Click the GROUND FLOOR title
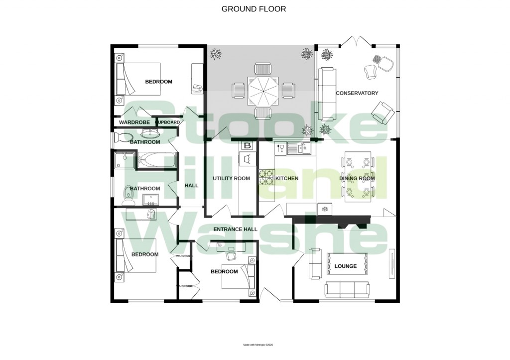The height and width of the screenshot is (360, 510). pyautogui.click(x=254, y=9)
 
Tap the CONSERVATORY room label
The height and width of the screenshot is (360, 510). pyautogui.click(x=357, y=93)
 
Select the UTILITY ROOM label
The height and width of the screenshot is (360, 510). pyautogui.click(x=231, y=178)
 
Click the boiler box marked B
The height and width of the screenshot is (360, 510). pyautogui.click(x=248, y=146)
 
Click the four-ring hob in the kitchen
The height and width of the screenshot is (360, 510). pyautogui.click(x=265, y=178)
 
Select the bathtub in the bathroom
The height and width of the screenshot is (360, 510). pyautogui.click(x=157, y=160)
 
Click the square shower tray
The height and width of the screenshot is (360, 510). pyautogui.click(x=122, y=160)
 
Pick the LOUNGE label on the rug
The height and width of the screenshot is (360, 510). pyautogui.click(x=346, y=266)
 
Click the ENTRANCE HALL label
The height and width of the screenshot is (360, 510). pyautogui.click(x=235, y=230)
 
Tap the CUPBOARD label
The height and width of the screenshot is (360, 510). pyautogui.click(x=167, y=122)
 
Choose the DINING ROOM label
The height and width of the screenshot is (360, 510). pyautogui.click(x=357, y=178)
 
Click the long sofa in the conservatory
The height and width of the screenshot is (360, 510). pyautogui.click(x=327, y=94)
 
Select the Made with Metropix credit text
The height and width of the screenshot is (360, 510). pyautogui.click(x=258, y=345)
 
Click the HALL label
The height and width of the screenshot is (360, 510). pyautogui.click(x=191, y=186)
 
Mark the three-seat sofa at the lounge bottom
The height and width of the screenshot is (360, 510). pyautogui.click(x=347, y=288)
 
